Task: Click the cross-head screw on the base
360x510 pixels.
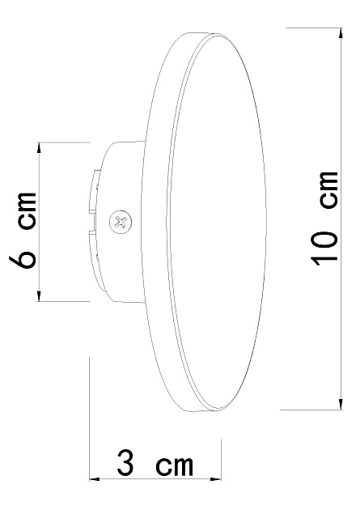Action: click(x=121, y=222)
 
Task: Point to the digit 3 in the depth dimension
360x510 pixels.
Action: click(x=125, y=462)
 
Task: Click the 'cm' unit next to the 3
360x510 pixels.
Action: click(x=174, y=465)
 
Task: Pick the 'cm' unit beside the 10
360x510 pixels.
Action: click(x=328, y=189)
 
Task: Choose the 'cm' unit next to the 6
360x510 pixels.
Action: click(x=27, y=211)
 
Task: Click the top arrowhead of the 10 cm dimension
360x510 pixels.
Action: click(x=341, y=34)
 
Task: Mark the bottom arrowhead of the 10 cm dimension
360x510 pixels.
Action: click(x=341, y=404)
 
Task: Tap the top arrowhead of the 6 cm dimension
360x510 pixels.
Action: click(x=39, y=148)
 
